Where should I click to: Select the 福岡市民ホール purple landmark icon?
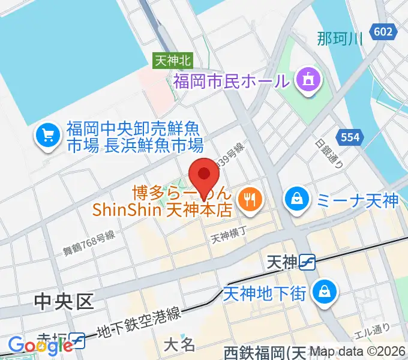pos(309,80)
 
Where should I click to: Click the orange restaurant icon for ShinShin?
pos(248,200)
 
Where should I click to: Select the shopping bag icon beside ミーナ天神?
pos(296,198)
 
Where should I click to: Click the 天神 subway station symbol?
pos(308,262)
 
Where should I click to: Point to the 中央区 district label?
pos(64,301)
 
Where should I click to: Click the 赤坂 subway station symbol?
pos(78,341)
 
